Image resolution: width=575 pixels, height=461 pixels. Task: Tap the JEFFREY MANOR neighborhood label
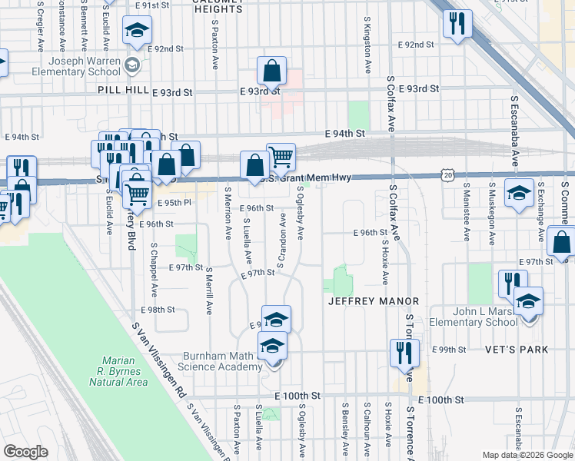pyautogui.click(x=374, y=301)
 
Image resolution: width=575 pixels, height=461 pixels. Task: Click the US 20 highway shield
pyautogui.click(x=448, y=176)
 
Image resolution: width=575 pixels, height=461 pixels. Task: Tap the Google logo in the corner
pyautogui.click(x=26, y=451)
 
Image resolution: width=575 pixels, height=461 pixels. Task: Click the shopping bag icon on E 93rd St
pyautogui.click(x=272, y=72)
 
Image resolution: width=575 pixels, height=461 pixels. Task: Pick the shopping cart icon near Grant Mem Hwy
pyautogui.click(x=281, y=157)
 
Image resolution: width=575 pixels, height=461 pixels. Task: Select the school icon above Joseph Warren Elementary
pyautogui.click(x=138, y=31)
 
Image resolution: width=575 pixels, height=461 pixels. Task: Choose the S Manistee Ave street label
pyautogui.click(x=466, y=206)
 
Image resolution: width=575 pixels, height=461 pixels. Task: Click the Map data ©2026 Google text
pyautogui.click(x=527, y=455)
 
